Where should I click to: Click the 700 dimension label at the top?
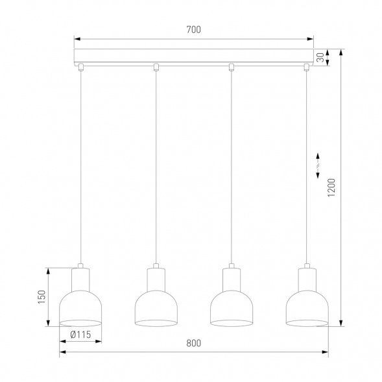coord(193,29)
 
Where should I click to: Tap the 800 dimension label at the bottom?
coord(193,343)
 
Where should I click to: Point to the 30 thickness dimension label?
coord(320,57)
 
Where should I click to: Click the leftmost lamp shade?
coord(80,307)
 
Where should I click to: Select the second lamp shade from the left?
coord(156,307)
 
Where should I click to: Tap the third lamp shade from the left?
coord(231,307)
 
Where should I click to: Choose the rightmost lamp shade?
coord(306,307)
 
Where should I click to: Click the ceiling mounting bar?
coord(193,56)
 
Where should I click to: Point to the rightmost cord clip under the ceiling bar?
coord(306,66)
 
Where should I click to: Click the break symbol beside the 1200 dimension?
coord(318,164)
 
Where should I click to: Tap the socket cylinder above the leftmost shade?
coord(80,279)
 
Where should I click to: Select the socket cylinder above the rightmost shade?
coord(306,279)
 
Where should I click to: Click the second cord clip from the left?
coord(156,66)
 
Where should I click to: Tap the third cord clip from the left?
coord(231,66)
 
